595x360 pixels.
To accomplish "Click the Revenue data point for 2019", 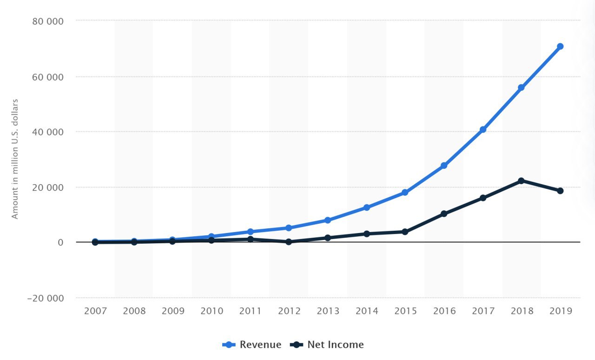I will pos(560,47).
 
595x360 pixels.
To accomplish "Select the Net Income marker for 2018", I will pos(521,180).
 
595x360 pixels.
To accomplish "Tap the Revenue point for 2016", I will pos(444,166).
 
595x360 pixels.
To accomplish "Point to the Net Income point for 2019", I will pos(560,191).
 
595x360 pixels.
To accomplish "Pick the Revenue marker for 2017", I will pos(483,129).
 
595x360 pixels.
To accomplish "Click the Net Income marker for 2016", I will pos(444,213).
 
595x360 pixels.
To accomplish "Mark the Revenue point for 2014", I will pos(366,207).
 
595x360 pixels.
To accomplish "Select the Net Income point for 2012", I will pos(289,242).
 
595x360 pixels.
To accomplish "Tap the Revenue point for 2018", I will pos(521,87).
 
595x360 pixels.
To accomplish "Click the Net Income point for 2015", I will pos(405,232).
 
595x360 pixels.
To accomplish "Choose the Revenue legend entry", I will pos(252,345).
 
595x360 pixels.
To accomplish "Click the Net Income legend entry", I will pos(327,345).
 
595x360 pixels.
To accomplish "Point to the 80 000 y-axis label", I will pos(48,21).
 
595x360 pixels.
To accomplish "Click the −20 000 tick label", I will pos(45,298).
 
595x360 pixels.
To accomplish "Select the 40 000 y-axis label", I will pos(48,132).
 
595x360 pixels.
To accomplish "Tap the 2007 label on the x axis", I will pos(95,311).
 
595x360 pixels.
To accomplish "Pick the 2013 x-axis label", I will pos(328,311).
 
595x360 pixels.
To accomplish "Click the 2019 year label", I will pos(561,311).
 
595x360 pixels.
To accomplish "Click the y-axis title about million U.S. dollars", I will pos(15,159).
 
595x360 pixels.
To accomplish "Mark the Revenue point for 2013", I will pos(327,220).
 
